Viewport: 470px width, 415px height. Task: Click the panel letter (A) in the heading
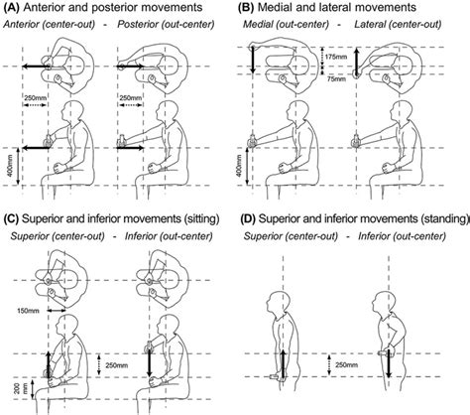(14, 9)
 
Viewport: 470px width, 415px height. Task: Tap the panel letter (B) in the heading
(247, 9)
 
